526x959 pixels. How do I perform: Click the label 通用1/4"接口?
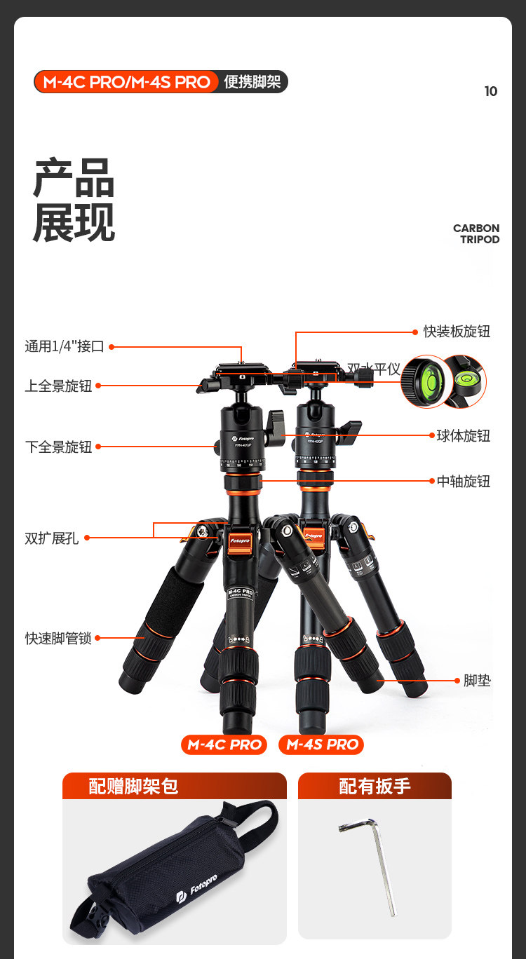(x=65, y=346)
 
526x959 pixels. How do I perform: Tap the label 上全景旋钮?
(x=59, y=386)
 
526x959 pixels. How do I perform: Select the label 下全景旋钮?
(x=59, y=447)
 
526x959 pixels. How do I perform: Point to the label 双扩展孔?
(x=52, y=538)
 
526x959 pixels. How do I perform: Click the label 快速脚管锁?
(x=59, y=639)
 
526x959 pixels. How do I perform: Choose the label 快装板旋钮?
(x=457, y=332)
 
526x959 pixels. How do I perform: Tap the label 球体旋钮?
(x=464, y=436)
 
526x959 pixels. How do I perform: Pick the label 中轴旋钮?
(x=464, y=482)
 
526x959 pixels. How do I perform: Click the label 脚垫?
(x=477, y=681)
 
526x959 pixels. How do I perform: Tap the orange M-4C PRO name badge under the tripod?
(x=224, y=744)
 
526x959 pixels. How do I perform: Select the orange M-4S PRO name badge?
(x=322, y=744)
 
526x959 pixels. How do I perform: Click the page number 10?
(x=491, y=91)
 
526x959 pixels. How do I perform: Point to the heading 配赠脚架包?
(x=133, y=787)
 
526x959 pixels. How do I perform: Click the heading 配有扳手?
(x=375, y=787)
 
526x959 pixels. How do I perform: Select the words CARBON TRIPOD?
(x=476, y=233)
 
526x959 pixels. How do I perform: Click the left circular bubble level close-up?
(x=425, y=381)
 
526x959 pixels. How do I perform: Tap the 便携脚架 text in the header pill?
(x=252, y=82)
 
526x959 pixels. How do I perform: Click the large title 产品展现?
(x=74, y=200)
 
